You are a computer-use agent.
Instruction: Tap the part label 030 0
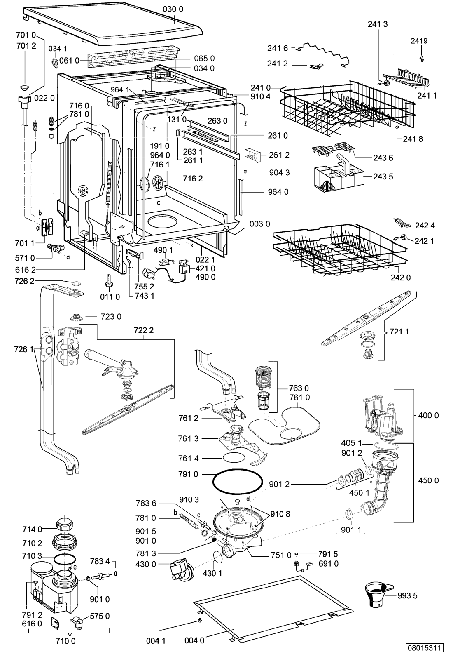click(x=173, y=9)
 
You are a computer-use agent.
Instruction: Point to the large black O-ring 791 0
click(x=237, y=481)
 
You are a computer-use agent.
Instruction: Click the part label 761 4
click(x=188, y=458)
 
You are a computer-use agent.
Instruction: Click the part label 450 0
click(x=428, y=480)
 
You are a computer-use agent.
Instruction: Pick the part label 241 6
click(x=277, y=48)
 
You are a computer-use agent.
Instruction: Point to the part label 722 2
click(x=144, y=330)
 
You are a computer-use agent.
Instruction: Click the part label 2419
click(x=419, y=41)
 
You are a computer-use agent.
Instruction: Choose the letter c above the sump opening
click(x=159, y=203)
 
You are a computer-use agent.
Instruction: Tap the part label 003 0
click(x=259, y=224)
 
